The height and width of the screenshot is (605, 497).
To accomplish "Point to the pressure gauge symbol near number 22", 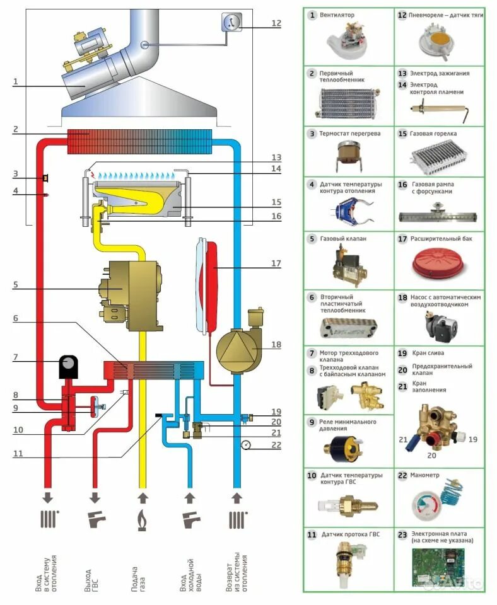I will pyautogui.click(x=245, y=444).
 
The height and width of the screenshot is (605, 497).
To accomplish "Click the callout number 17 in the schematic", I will pyautogui.click(x=276, y=263).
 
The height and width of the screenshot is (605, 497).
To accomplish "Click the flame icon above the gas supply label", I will pyautogui.click(x=142, y=521).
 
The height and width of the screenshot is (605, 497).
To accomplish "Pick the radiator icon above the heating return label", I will pyautogui.click(x=237, y=521).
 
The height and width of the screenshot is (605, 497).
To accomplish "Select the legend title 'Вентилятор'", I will pyautogui.click(x=337, y=14).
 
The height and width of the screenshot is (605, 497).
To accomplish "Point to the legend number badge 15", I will pyautogui.click(x=402, y=134).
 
